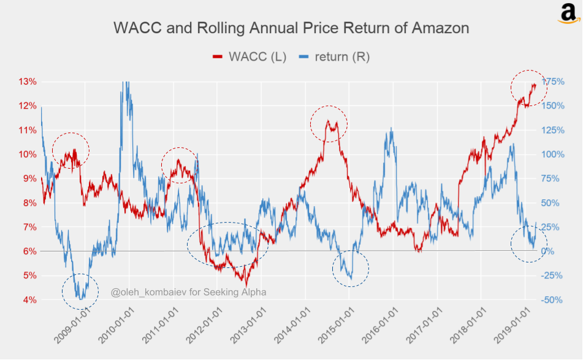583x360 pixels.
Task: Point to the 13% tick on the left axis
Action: click(x=28, y=82)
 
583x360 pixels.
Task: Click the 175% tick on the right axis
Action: click(x=552, y=82)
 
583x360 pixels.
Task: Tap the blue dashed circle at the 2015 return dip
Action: click(x=350, y=269)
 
